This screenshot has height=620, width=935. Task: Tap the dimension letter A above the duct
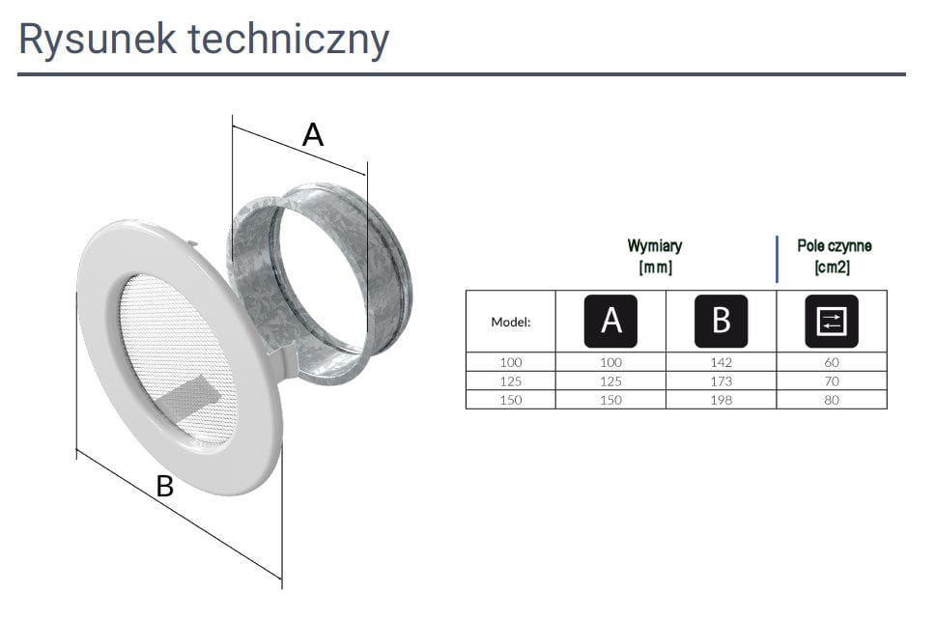point(313,135)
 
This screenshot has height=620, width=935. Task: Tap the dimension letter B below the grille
point(165,487)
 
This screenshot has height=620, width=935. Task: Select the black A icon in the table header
point(610,321)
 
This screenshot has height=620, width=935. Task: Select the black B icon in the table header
point(721,321)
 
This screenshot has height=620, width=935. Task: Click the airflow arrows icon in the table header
point(832,321)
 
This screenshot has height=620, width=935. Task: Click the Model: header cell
point(511,322)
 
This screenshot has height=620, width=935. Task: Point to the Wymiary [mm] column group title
point(655,257)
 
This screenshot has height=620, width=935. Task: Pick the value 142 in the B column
point(721,362)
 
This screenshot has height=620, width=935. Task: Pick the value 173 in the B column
point(721,381)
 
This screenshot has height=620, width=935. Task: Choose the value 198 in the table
point(721,400)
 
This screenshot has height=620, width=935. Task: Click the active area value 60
point(833,362)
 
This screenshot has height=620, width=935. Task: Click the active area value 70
point(833,381)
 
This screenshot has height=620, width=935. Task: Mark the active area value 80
point(833,400)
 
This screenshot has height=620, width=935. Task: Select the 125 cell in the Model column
point(510,381)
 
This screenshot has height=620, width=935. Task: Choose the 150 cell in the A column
point(610,400)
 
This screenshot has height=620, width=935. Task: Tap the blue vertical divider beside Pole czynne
point(778,258)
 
